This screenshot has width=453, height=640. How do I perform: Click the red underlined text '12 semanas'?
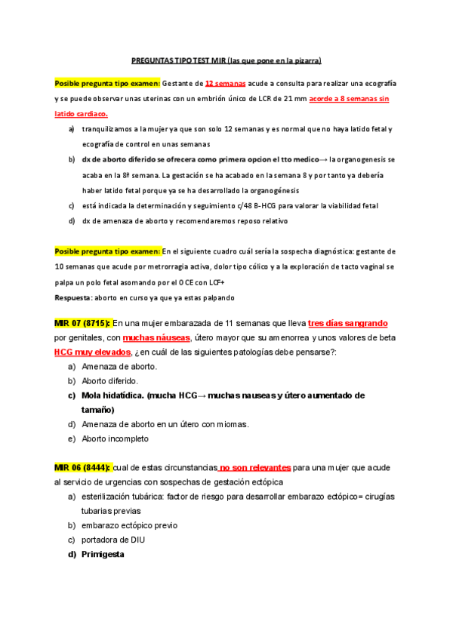click(x=223, y=83)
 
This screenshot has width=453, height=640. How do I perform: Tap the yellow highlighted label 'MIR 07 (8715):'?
click(x=82, y=323)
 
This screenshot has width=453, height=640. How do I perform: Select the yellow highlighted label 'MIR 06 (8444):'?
click(x=82, y=468)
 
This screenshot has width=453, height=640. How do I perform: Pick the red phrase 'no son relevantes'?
click(x=254, y=468)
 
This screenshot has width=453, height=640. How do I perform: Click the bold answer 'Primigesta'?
click(x=103, y=555)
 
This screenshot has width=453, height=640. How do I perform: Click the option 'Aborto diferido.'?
click(x=109, y=380)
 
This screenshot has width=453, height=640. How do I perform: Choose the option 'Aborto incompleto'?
click(x=115, y=438)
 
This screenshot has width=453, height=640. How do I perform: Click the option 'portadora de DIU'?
click(x=114, y=540)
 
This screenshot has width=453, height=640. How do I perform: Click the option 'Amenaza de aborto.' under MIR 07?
click(x=119, y=366)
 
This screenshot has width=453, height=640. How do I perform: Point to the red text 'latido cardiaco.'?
click(x=81, y=113)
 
